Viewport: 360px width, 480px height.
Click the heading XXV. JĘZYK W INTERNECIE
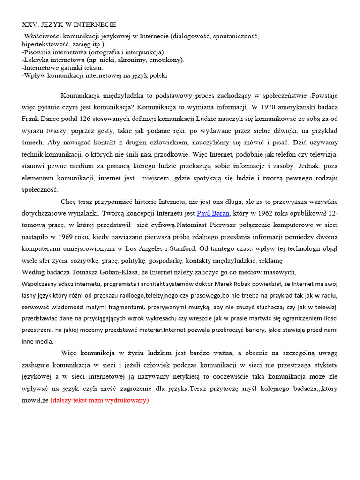(x=69, y=24)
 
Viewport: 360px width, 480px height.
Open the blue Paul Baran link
(x=213, y=213)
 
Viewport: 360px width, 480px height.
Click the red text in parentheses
(x=99, y=400)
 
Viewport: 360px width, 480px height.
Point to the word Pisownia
(x=37, y=52)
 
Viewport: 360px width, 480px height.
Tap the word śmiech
(x=32, y=142)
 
